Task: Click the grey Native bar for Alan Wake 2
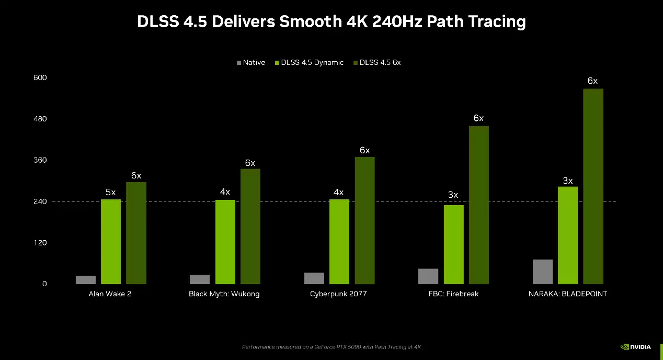pos(85,279)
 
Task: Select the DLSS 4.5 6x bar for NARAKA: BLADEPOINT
pos(593,186)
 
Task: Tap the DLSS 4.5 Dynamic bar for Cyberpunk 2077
pos(339,242)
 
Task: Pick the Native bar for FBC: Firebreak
pos(428,276)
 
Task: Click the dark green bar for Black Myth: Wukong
pos(250,226)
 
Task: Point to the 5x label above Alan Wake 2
pos(110,193)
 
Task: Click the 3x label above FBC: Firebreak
pos(453,195)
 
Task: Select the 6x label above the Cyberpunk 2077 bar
pos(364,151)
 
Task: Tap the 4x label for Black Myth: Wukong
pos(225,192)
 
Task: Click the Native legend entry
pos(250,63)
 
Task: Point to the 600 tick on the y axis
pos(40,77)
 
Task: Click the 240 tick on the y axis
pos(40,201)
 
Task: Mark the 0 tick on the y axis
pos(44,284)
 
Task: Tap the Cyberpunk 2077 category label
pos(338,294)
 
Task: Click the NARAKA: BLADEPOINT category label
pos(567,294)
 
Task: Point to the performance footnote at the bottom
pos(331,347)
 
